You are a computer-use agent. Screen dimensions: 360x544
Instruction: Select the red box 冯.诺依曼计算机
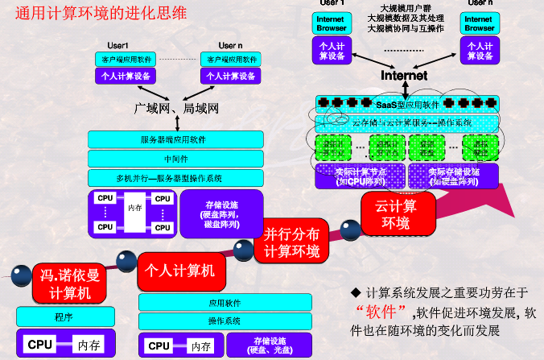68,283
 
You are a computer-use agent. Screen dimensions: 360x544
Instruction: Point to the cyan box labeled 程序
64,317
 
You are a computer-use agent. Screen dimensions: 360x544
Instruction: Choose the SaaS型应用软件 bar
407,104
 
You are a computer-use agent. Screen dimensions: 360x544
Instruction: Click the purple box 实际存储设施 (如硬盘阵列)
454,176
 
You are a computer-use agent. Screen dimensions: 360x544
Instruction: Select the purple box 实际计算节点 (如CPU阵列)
360,176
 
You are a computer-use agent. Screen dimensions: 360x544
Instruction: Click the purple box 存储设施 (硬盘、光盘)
267,345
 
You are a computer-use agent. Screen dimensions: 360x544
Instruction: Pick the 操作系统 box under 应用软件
225,321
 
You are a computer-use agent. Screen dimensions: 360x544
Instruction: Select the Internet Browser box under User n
480,23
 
